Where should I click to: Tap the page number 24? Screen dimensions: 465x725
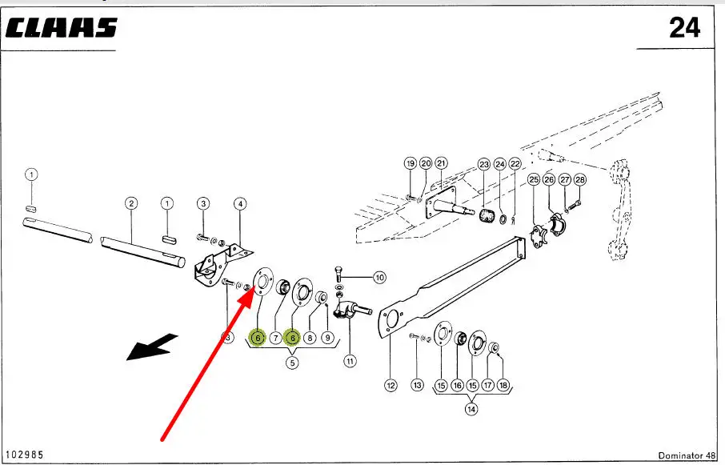click(684, 28)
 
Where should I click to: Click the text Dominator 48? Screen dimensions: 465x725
click(687, 455)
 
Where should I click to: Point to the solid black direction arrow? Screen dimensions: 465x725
click(152, 348)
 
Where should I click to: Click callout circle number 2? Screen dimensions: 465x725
click(132, 203)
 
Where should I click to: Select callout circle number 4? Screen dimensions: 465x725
click(239, 203)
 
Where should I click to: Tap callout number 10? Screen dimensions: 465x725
click(379, 278)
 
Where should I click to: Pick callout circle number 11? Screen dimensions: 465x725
click(350, 361)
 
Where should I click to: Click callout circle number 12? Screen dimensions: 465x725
click(391, 385)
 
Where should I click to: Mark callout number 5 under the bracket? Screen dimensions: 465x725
click(292, 362)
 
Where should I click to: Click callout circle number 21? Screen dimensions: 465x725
click(441, 163)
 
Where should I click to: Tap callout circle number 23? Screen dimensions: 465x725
click(483, 163)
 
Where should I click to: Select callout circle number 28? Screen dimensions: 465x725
click(580, 180)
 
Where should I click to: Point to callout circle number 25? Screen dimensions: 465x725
click(534, 180)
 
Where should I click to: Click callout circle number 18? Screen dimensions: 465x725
click(503, 385)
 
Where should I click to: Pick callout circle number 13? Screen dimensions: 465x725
click(417, 385)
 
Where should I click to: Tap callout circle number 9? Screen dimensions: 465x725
click(327, 338)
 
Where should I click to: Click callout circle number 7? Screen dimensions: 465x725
click(274, 338)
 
